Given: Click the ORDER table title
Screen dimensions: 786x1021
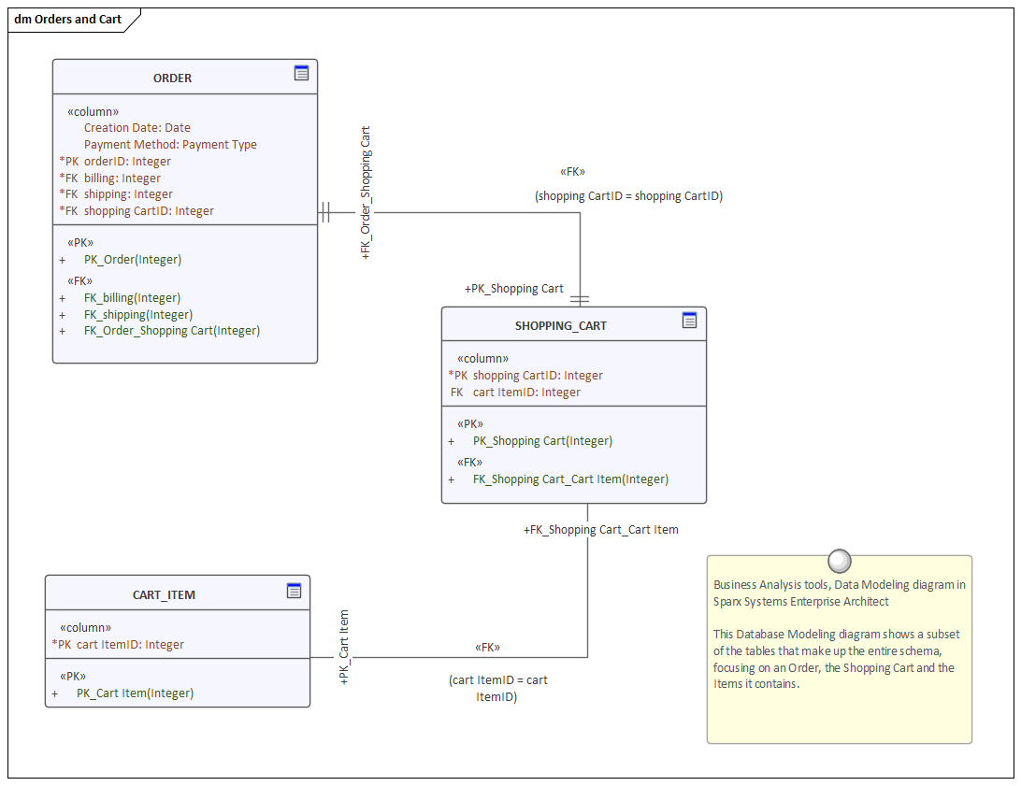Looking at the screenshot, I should point(172,79).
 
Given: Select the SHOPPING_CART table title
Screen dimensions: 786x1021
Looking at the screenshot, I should point(560,326).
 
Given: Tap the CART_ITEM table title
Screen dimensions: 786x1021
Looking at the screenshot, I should point(164,594).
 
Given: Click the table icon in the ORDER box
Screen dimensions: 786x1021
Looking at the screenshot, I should point(301,73).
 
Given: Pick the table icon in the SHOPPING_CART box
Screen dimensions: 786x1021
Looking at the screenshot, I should point(689,321).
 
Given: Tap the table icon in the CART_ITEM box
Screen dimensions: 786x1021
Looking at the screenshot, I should point(294,590).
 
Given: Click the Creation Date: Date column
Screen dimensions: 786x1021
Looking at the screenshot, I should point(137,128).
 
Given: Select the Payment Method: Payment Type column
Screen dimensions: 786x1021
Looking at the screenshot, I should point(170,145).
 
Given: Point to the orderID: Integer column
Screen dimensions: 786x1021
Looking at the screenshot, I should point(127,162).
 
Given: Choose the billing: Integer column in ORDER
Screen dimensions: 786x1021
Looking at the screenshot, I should point(122,179).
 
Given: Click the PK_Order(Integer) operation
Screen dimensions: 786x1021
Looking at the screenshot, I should point(132,260).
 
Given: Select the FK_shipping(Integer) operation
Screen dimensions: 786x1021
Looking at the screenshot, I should point(137,315).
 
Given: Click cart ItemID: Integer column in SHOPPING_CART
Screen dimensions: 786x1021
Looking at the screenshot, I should point(526,393).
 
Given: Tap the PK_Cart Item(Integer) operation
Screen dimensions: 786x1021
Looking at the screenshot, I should point(135,693).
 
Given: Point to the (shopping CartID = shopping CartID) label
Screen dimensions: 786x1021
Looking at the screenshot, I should point(628,196).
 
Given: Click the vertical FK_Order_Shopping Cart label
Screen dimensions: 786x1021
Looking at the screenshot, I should point(366,192).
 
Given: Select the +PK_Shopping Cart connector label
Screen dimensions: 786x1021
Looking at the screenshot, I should point(514,289).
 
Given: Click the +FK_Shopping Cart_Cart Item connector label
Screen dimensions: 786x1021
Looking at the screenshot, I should point(601,530).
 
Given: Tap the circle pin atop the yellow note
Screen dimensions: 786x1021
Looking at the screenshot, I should point(839,561).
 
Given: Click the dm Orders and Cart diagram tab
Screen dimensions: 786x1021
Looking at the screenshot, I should point(68,20).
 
